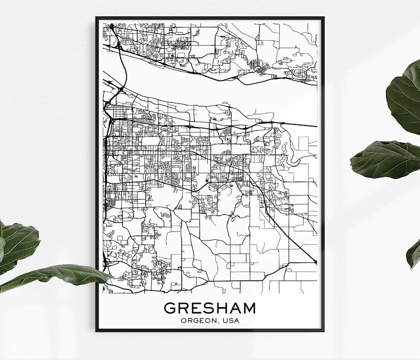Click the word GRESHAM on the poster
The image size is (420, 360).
coord(210,308)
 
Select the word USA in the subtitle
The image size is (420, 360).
coord(231,320)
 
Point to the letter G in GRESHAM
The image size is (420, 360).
coord(170,308)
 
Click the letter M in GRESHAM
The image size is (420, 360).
coord(249,308)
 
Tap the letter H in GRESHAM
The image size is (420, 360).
coord(222,308)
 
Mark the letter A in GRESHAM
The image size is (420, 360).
coord(234,308)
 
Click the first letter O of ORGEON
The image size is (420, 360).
coord(183,320)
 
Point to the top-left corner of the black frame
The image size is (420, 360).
coord(97,19)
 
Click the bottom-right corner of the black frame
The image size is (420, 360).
coord(323,330)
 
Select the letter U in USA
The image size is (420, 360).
coord(226,320)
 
